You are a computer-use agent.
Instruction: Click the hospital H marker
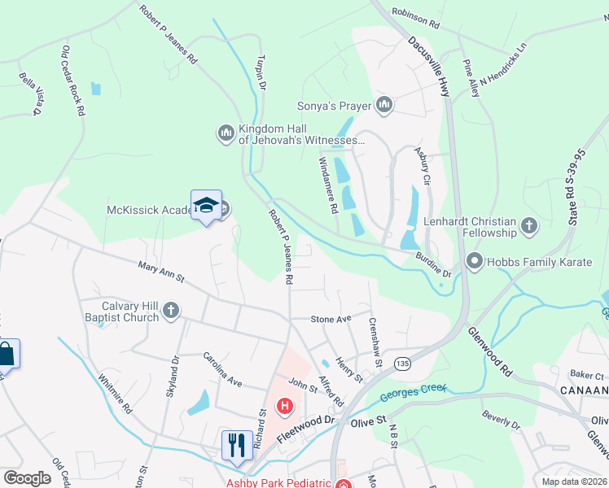285,405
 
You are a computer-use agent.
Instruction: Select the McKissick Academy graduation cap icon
207,205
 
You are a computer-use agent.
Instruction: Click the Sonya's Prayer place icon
384,105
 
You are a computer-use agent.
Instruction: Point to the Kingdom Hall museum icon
226,132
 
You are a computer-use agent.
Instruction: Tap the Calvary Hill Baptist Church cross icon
170,309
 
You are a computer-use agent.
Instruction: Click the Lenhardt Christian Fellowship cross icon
529,226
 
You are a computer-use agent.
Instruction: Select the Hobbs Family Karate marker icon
474,261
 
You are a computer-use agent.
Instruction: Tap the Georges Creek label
414,394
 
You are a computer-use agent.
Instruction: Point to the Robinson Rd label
415,18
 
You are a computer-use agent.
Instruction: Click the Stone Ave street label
331,319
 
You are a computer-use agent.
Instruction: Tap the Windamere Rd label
327,185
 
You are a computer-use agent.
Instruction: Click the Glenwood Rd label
489,351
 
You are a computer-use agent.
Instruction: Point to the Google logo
28,478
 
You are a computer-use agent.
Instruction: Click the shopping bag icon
6,354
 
